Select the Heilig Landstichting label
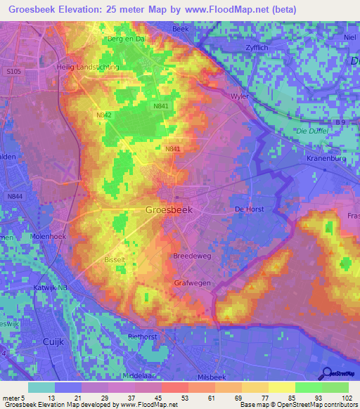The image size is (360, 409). pyautogui.click(x=87, y=67)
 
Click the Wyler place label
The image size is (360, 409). pyautogui.click(x=240, y=96)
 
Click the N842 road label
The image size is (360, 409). pyautogui.click(x=104, y=115)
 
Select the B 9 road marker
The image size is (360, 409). pyautogui.click(x=340, y=122)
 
